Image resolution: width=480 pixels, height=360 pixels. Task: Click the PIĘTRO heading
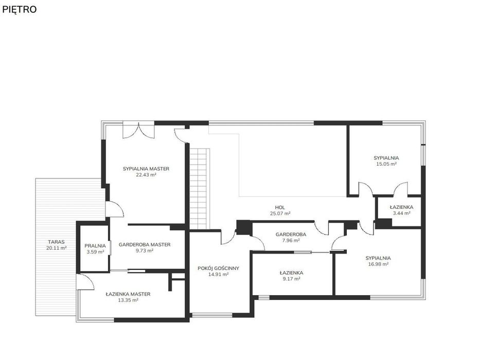click(x=19, y=9)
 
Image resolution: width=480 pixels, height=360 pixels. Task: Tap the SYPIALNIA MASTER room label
click(x=146, y=169)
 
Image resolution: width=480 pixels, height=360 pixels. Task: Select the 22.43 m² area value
click(x=146, y=175)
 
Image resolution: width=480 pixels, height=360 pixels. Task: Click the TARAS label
click(x=56, y=242)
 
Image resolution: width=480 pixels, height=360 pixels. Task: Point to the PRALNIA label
click(x=95, y=246)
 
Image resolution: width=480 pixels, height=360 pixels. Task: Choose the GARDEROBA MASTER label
click(x=145, y=245)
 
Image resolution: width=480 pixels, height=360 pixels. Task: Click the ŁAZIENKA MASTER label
click(x=128, y=294)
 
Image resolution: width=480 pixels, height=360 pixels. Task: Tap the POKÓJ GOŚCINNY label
click(x=218, y=268)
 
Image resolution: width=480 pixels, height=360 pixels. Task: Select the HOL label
click(x=280, y=208)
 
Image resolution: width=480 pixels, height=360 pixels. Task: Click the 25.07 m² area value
click(x=280, y=213)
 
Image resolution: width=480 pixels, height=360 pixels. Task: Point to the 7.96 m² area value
click(x=291, y=241)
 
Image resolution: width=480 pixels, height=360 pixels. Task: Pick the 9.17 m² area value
click(x=291, y=279)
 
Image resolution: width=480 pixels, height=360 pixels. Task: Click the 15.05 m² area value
click(x=386, y=164)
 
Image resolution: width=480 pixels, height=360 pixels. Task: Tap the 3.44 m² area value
click(x=401, y=213)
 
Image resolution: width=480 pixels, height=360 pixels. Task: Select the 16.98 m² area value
click(x=378, y=264)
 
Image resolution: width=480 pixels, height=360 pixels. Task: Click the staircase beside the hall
click(x=199, y=189)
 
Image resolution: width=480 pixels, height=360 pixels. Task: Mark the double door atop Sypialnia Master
click(x=139, y=131)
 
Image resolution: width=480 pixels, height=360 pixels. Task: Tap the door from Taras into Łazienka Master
click(x=85, y=282)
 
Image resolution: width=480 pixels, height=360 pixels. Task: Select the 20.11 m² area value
click(x=56, y=248)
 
